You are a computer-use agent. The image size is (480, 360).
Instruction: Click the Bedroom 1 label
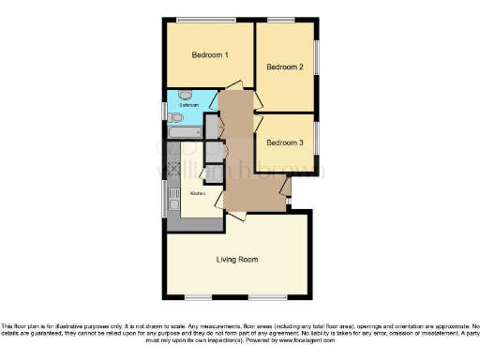(x=210, y=55)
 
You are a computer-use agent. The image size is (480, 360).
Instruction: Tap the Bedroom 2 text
(x=284, y=67)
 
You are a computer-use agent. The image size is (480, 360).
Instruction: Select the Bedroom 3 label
(x=284, y=143)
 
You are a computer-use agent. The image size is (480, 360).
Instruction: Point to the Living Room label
(x=237, y=260)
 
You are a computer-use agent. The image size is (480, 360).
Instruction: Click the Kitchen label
(x=198, y=193)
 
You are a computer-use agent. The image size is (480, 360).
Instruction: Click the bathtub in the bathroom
(x=185, y=133)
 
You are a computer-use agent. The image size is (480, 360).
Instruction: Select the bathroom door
(x=213, y=98)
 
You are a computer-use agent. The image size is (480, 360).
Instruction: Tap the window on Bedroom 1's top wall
(x=207, y=20)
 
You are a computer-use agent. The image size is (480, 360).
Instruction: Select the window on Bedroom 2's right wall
(x=314, y=57)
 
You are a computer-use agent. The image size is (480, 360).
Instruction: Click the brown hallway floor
(x=248, y=178)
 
